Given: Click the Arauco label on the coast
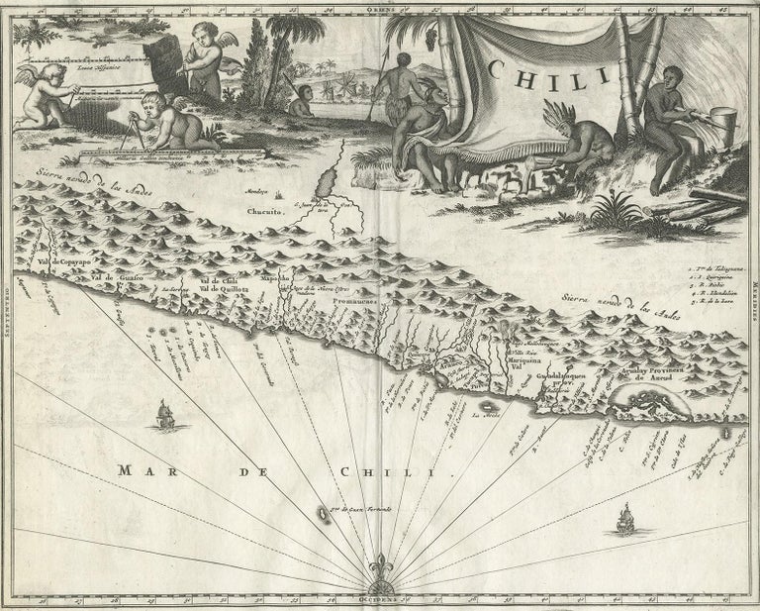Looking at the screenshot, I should pos(454,365).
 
